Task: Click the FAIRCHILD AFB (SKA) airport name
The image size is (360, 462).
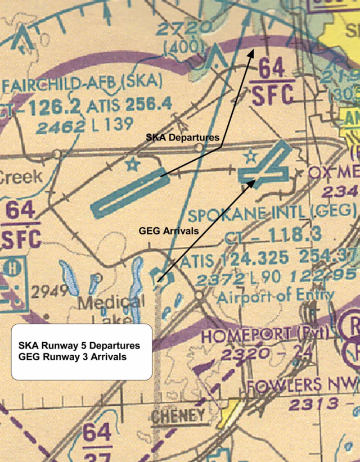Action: click(x=82, y=84)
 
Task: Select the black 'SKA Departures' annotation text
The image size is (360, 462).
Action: click(x=182, y=137)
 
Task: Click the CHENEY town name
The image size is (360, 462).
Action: click(x=178, y=415)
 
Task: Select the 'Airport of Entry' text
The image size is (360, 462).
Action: click(x=276, y=296)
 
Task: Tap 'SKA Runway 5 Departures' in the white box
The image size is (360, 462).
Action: click(x=79, y=345)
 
